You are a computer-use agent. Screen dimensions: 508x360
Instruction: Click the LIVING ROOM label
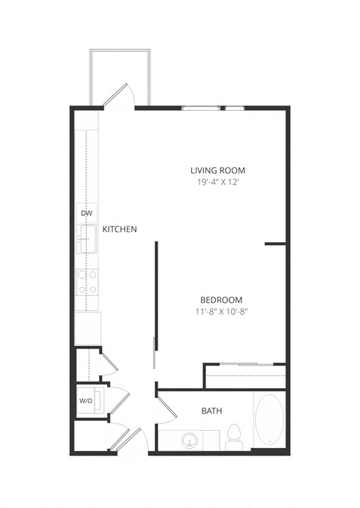pyautogui.click(x=217, y=169)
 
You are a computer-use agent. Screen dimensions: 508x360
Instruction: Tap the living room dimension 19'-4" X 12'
pyautogui.click(x=217, y=181)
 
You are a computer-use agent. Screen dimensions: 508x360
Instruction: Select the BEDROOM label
pyautogui.click(x=219, y=300)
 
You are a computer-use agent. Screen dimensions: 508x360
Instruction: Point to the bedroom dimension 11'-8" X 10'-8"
pyautogui.click(x=219, y=312)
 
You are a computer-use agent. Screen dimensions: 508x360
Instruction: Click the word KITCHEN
pyautogui.click(x=119, y=229)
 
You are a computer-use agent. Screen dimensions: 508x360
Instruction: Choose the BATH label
pyautogui.click(x=211, y=411)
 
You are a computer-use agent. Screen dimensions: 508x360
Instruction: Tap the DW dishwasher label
pyautogui.click(x=85, y=213)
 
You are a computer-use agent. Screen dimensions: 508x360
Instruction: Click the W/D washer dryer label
pyautogui.click(x=85, y=401)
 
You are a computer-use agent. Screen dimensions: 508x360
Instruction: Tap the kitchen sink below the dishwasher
pyautogui.click(x=86, y=240)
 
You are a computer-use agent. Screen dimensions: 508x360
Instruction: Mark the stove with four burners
pyautogui.click(x=87, y=282)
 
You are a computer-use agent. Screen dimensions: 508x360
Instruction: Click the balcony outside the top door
pyautogui.click(x=120, y=75)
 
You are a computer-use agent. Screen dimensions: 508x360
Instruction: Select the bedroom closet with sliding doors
pyautogui.click(x=245, y=372)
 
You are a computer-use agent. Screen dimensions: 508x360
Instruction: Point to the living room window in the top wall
pyautogui.click(x=214, y=109)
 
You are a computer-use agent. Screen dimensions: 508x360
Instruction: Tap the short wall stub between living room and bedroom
pyautogui.click(x=275, y=244)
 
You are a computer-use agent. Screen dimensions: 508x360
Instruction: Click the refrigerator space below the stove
pyautogui.click(x=87, y=328)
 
